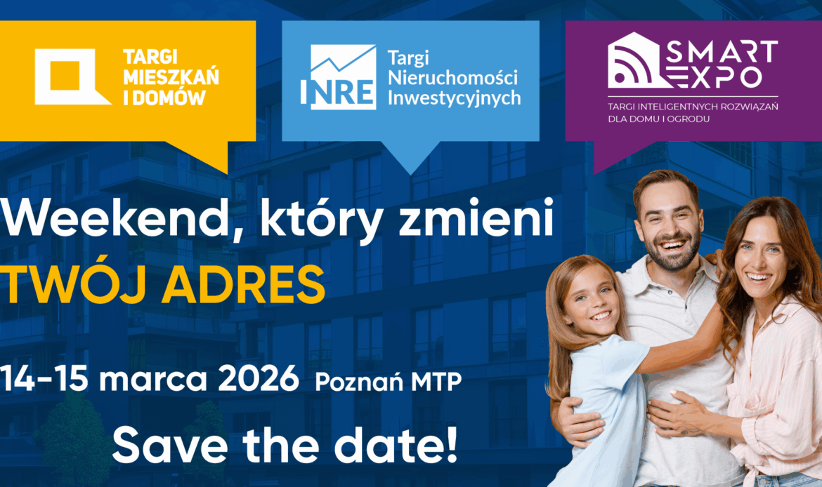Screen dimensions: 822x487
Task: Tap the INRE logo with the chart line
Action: pos(338,77)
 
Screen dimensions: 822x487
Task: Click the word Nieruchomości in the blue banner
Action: pos(452,77)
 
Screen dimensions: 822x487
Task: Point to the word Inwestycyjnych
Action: pos(454,98)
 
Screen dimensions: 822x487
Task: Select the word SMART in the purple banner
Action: pos(722,51)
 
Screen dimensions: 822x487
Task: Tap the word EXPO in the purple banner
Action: pos(716,76)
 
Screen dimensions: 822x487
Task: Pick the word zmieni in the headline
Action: pos(476,217)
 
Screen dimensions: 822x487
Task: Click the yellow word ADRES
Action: pos(243,285)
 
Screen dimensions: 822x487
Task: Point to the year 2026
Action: pos(259,379)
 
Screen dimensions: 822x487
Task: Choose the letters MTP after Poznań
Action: pos(436,382)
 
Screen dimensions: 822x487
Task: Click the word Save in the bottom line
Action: pos(171,446)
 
